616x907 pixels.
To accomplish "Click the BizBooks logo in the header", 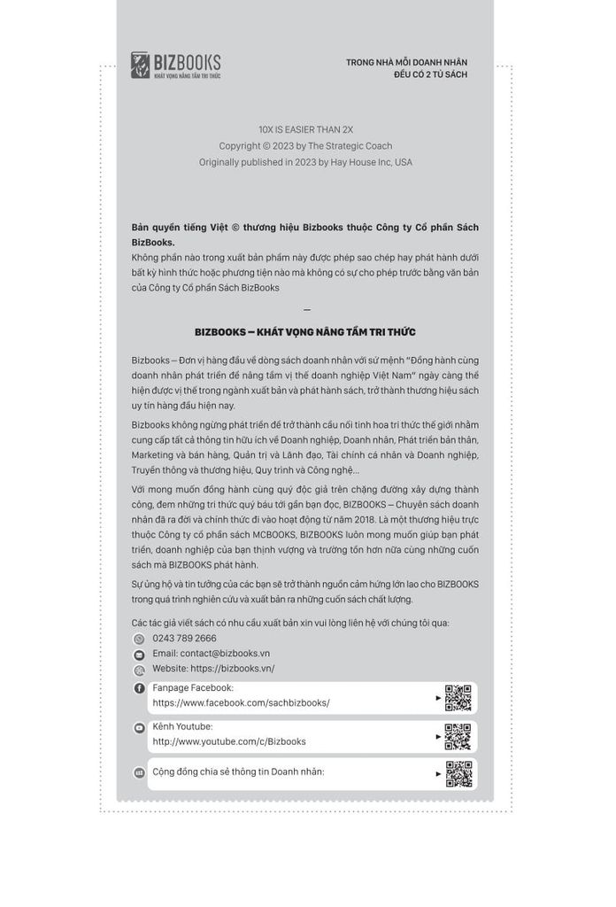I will pos(175,66).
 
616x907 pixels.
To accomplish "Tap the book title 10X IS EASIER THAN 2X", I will pos(305,129).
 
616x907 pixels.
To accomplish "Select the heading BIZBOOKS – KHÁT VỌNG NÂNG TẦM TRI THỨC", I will pos(305,332).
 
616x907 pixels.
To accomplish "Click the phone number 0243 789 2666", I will pos(184,638).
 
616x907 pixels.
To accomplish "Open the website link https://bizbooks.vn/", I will pos(213,668).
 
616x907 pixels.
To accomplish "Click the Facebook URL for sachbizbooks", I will pos(241,702).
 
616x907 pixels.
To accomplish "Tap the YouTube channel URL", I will pos(229,741).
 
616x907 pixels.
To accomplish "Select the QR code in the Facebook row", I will pos(458,698).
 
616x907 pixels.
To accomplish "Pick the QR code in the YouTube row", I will pos(458,736).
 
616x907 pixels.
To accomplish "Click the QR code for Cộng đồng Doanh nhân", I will pos(458,774).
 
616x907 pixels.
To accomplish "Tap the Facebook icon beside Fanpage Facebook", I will pos(139,688).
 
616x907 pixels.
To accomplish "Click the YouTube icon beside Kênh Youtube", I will pos(139,727).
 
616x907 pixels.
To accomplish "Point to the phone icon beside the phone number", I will pos(139,639).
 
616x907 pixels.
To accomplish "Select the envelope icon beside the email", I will pos(139,654).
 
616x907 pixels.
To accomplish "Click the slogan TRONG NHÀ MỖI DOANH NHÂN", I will pos(406,62).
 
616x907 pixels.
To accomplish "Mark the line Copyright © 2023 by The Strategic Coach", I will pos(305,145).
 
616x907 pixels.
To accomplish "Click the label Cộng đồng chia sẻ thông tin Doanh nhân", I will pos(238,771).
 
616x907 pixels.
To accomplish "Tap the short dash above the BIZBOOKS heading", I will pos(306,310).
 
